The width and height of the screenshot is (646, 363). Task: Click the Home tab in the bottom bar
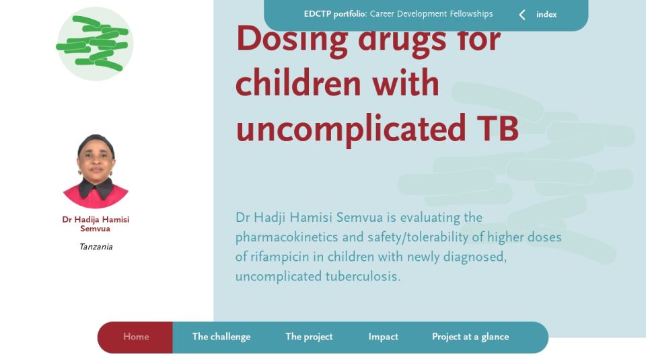point(136,337)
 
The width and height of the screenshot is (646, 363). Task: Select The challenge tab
point(221,337)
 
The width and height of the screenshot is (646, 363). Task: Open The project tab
point(309,337)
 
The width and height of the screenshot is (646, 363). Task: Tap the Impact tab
point(383,337)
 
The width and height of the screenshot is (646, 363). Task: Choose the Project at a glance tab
point(470,337)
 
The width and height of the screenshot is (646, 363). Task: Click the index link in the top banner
point(546,14)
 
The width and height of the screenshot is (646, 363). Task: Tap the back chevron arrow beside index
point(522,15)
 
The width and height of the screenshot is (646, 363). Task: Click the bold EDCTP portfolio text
point(335,14)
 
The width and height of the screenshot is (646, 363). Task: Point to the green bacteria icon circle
point(94,44)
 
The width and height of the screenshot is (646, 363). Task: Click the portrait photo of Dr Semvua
point(96,171)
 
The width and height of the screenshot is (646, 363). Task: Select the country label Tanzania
point(96,247)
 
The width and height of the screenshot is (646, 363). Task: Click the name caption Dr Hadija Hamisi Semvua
point(96,224)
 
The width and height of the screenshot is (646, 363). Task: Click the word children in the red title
point(299,83)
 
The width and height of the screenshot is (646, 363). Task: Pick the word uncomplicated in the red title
point(351,130)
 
